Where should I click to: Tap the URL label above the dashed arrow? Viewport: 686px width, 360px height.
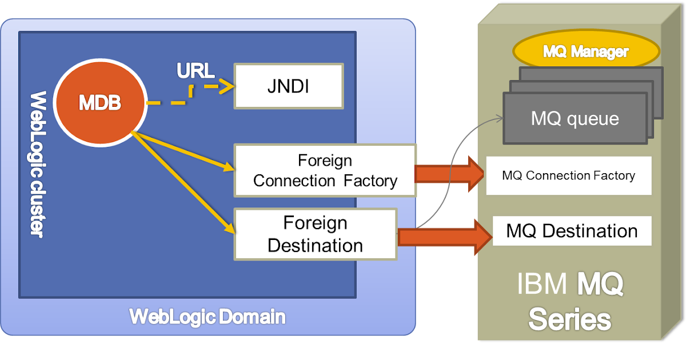196,71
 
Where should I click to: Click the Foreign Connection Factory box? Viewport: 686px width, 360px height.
325,170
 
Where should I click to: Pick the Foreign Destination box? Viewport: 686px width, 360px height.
316,234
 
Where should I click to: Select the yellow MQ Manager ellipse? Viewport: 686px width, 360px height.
585,52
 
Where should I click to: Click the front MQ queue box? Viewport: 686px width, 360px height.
575,119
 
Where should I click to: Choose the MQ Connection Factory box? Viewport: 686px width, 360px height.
568,175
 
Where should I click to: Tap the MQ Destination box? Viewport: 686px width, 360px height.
572,231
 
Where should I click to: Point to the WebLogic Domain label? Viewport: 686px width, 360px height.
207,317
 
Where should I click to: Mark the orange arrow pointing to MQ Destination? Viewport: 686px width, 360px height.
444,237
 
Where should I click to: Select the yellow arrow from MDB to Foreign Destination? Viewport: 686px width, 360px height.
183,183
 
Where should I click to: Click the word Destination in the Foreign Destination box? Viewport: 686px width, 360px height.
316,245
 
